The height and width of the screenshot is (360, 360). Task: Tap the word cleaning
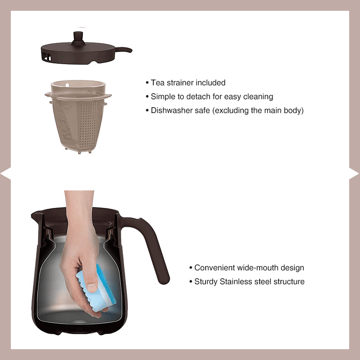(x=258, y=97)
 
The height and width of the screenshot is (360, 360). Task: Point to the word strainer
(x=181, y=83)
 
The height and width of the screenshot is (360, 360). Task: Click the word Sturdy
(x=206, y=282)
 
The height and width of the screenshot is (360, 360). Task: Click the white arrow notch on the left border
(x=5, y=173)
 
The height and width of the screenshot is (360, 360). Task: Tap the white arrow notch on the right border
(x=355, y=173)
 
